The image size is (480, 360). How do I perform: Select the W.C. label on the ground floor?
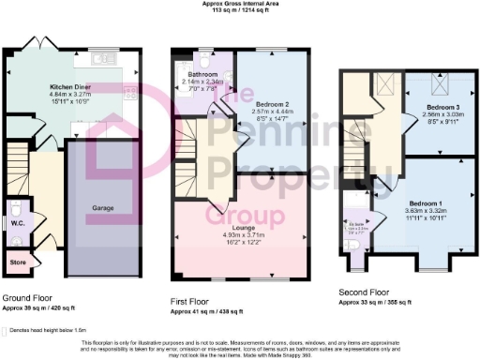click(x=17, y=223)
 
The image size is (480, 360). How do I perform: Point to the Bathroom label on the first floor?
click(x=201, y=72)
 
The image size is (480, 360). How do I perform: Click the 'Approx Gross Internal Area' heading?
click(x=240, y=4)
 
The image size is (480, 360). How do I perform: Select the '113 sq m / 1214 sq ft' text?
click(x=240, y=10)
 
